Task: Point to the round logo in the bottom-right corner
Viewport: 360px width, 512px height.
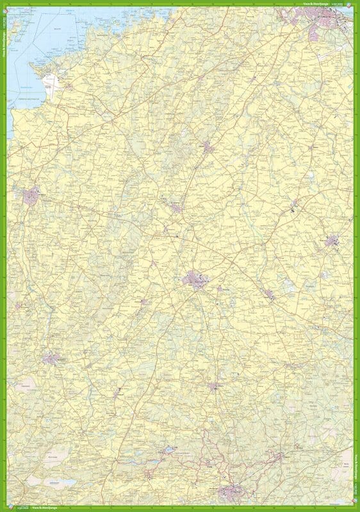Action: point(356,508)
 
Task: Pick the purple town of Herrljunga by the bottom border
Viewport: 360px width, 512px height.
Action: point(231,493)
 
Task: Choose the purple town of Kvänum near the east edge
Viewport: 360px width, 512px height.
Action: point(333,242)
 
